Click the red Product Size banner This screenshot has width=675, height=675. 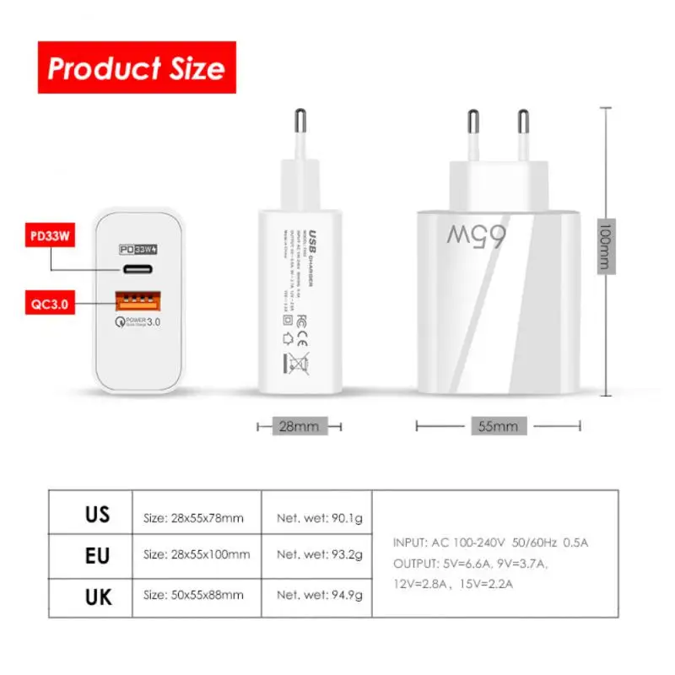(x=136, y=67)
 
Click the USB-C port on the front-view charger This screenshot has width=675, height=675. (x=137, y=271)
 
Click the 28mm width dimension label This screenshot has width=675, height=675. (x=299, y=426)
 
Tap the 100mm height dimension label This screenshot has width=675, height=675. (x=604, y=245)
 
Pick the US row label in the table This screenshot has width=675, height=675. (x=97, y=515)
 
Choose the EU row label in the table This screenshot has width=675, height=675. (x=97, y=555)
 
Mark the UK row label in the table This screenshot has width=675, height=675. (x=97, y=596)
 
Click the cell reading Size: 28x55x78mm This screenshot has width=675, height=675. (x=193, y=517)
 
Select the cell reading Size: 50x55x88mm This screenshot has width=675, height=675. (x=193, y=595)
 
